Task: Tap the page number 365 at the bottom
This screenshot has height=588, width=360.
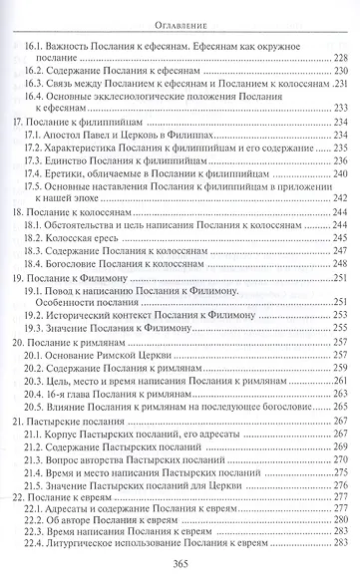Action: click(x=180, y=564)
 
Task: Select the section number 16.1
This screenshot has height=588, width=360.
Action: click(x=38, y=46)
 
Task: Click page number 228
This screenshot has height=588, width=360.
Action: click(x=337, y=59)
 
